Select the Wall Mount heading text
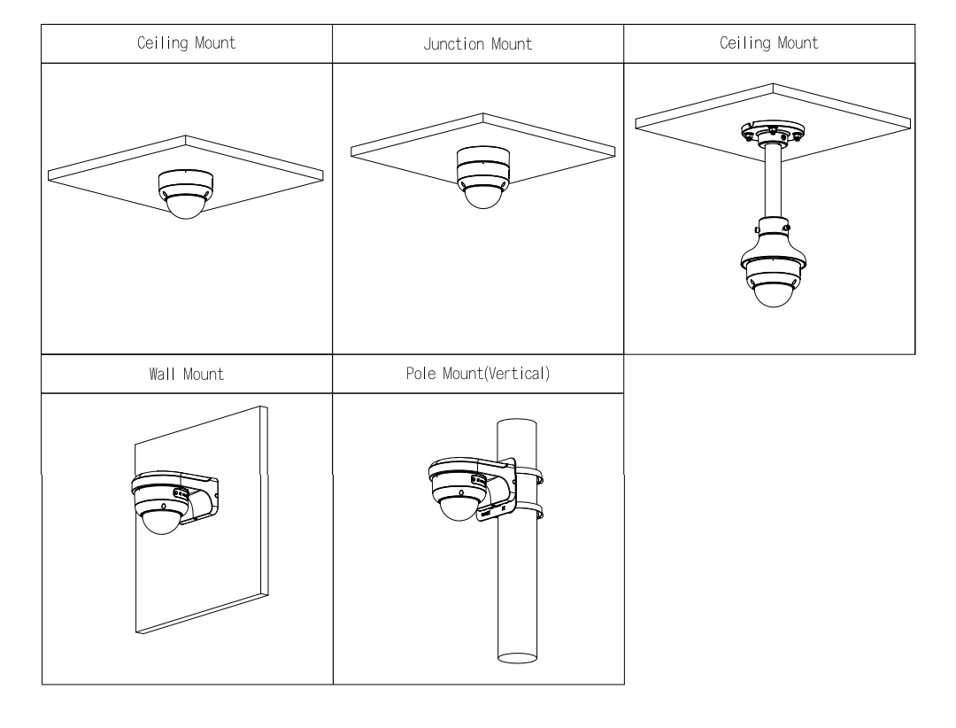point(187,374)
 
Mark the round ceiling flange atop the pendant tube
point(772,133)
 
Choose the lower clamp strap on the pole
point(529,512)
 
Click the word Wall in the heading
point(162,374)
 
